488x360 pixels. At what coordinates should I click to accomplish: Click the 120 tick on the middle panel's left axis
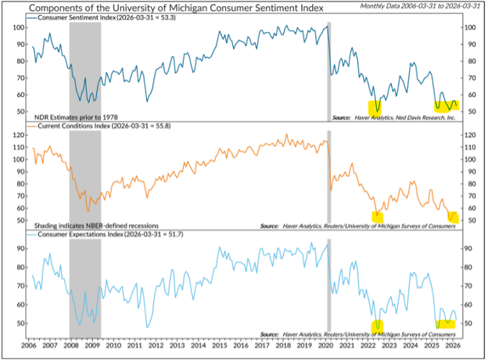[x=21, y=135]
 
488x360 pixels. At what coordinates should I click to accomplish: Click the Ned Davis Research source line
[x=393, y=117]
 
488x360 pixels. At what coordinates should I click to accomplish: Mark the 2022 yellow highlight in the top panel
[x=376, y=106]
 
